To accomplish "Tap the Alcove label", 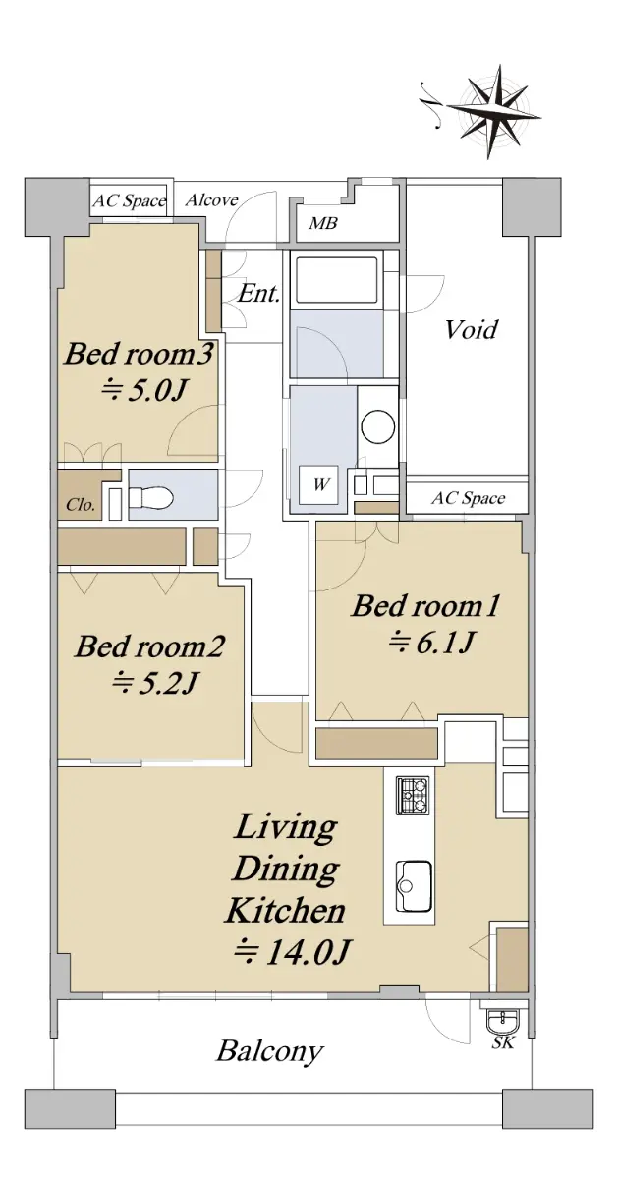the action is click(x=211, y=200).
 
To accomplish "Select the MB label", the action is click(x=322, y=223).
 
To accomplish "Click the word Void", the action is click(x=472, y=329).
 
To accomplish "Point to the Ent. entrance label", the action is click(x=258, y=293).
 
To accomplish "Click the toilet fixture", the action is click(x=151, y=496).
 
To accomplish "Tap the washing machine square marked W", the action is click(x=318, y=484).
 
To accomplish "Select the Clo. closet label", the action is click(x=81, y=505).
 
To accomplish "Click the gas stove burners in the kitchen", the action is click(x=413, y=795).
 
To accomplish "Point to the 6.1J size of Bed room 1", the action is click(x=432, y=642).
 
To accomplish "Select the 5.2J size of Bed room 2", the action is click(x=154, y=682).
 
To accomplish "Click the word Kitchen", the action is click(x=285, y=911).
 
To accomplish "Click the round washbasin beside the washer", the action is click(x=378, y=426).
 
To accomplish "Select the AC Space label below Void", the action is click(x=468, y=498).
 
